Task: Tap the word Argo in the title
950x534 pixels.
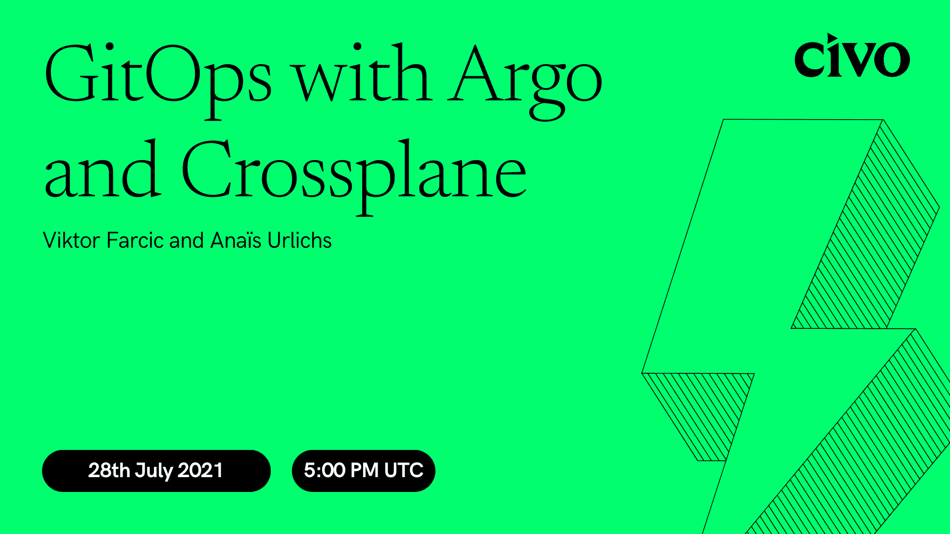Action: coord(524,79)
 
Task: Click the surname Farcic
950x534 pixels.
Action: coord(135,241)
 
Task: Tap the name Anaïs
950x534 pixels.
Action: coord(236,241)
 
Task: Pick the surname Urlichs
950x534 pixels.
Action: coord(299,241)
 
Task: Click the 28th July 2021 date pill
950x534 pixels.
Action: coord(156,471)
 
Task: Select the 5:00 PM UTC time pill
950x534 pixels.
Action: coord(363,471)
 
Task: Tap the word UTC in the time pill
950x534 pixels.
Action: coord(404,471)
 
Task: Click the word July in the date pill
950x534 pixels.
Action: coord(153,471)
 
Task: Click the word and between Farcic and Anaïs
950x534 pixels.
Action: coord(187,241)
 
